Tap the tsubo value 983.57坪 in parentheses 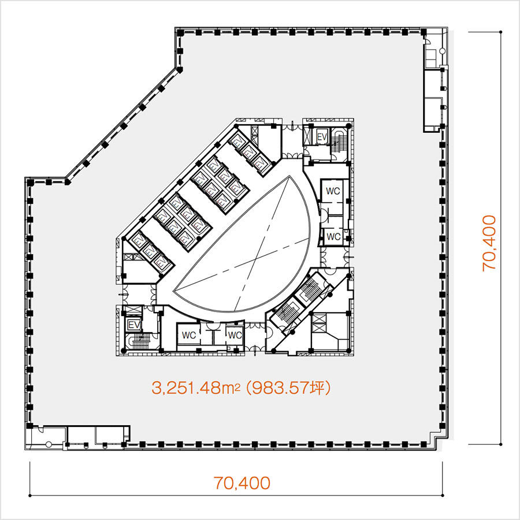(288, 387)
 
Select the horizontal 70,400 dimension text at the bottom (242, 483)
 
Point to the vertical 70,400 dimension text (489, 243)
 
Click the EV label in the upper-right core (322, 136)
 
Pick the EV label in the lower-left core (134, 325)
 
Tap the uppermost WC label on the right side (333, 191)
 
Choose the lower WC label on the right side (333, 236)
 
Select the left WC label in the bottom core (189, 335)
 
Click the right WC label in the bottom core (235, 335)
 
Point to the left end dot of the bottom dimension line (30, 496)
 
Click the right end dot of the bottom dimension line (443, 496)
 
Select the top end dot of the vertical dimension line (501, 32)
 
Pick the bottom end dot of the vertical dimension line (501, 444)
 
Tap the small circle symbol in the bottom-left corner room (49, 444)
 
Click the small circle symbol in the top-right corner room (442, 51)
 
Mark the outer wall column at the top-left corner (180, 32)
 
